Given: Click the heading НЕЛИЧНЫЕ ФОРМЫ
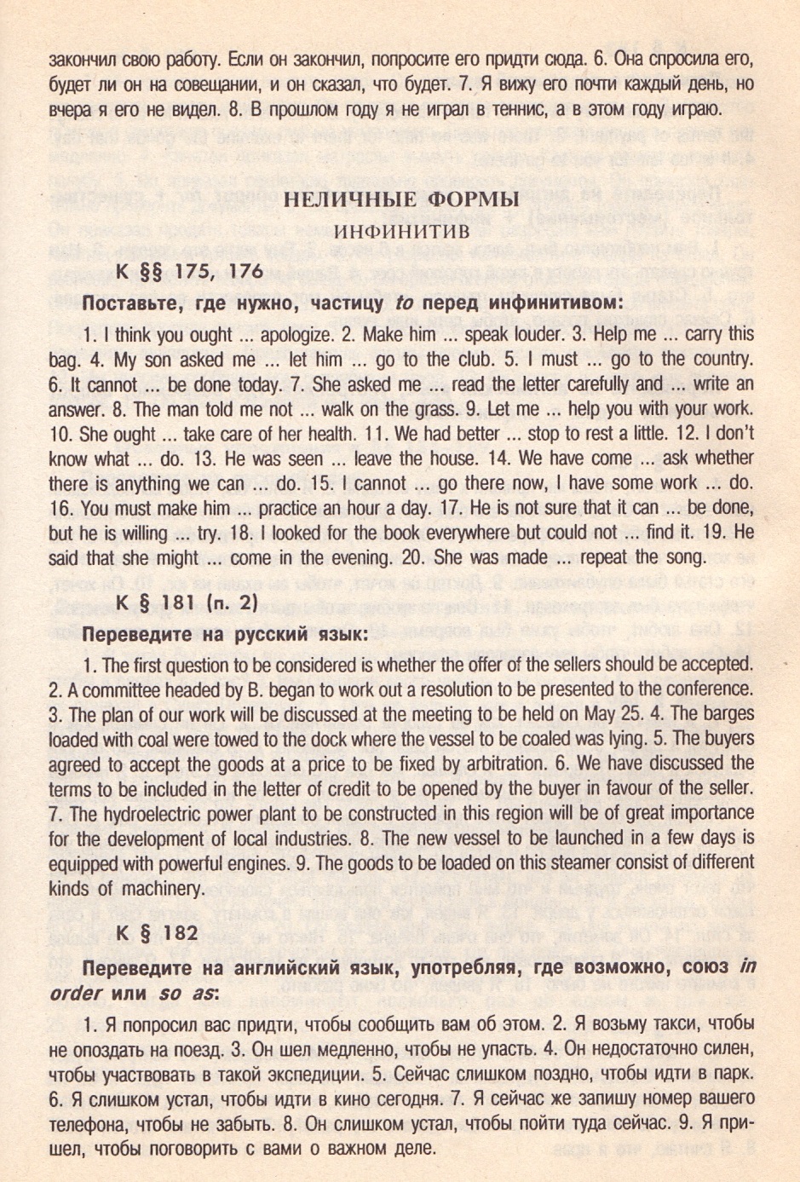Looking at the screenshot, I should (x=400, y=200).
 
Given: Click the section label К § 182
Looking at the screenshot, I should (x=156, y=932).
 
